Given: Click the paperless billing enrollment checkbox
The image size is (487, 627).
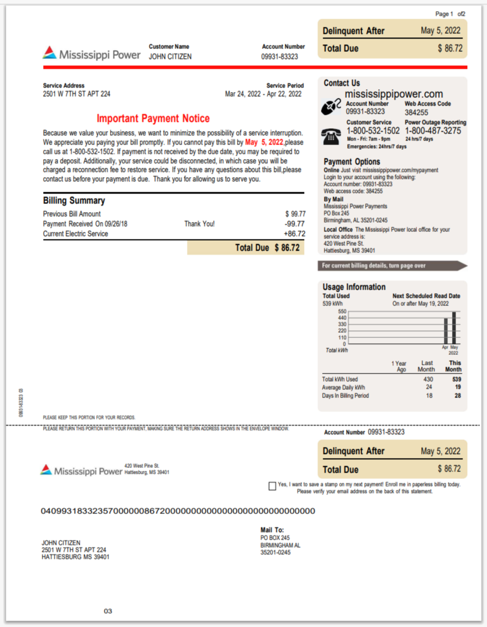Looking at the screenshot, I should click(x=272, y=486).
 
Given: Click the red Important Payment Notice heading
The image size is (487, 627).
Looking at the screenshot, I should click(x=153, y=119).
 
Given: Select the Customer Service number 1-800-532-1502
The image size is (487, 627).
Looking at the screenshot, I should click(x=373, y=131).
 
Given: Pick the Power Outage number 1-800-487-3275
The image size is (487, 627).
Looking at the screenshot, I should click(x=433, y=131).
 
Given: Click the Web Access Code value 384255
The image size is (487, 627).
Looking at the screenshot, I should click(x=416, y=112).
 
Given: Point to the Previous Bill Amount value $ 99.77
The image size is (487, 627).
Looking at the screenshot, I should click(x=295, y=214).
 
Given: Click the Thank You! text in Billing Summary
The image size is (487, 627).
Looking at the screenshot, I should click(x=199, y=224).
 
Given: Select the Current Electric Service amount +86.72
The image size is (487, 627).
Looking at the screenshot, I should click(x=294, y=234).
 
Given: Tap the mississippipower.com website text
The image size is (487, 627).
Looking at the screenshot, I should click(x=394, y=94).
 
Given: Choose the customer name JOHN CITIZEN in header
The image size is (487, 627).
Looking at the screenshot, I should click(x=170, y=57).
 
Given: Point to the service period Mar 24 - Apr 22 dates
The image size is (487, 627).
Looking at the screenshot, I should click(x=263, y=94).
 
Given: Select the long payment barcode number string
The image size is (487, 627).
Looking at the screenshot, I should click(x=178, y=511).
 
